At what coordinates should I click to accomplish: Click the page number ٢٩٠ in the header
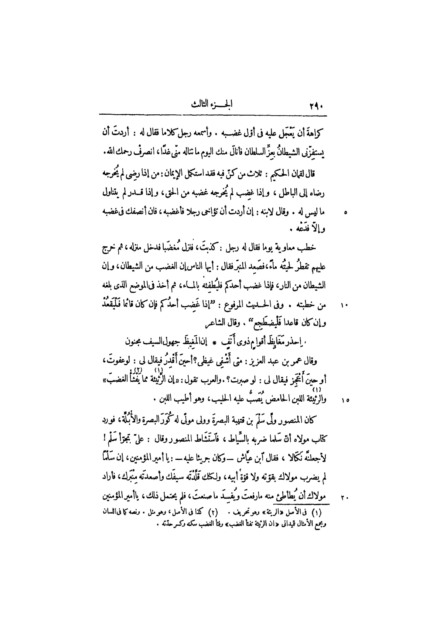pos(317,107)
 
